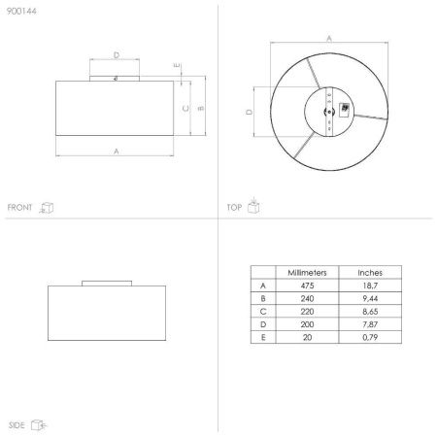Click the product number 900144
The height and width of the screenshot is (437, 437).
[21, 11]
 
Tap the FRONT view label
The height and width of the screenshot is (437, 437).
[19, 207]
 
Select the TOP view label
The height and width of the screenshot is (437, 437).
[234, 207]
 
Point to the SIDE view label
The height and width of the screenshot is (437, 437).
[17, 425]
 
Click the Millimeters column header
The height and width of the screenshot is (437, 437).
[307, 273]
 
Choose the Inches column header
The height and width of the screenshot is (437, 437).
[370, 273]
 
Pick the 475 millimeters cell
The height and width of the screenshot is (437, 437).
[307, 286]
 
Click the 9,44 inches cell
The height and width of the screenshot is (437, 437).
[370, 298]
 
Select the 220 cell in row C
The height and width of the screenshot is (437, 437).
[307, 312]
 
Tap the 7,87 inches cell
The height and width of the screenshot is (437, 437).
[370, 324]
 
